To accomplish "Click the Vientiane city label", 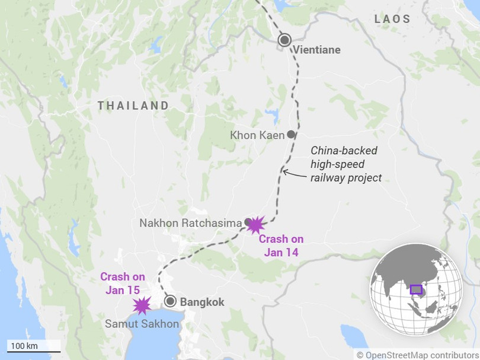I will pos(316,50).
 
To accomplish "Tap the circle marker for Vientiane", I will pos(285,40).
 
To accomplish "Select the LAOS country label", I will pos(392,20).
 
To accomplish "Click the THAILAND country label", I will pos(133,106).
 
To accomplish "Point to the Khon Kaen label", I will pos(257,135).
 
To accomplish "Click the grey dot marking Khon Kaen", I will pos(290,135).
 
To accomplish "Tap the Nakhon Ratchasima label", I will pos(190,224).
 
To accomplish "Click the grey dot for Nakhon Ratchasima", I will pos(247,223).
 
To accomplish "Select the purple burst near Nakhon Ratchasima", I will pos(256,225).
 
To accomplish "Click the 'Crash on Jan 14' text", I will pos(281,246).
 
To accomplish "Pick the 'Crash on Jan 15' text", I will pos(123,283).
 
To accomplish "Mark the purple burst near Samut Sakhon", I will pos(142,305).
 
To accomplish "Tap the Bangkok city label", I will pos(202,302).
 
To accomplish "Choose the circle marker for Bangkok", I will pos(171,301).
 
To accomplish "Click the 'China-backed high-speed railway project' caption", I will pos(347,164).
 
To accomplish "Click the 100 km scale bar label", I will pos(24,346).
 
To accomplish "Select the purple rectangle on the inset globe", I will pos(415,289).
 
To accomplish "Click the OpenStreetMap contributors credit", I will pos(418,355).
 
